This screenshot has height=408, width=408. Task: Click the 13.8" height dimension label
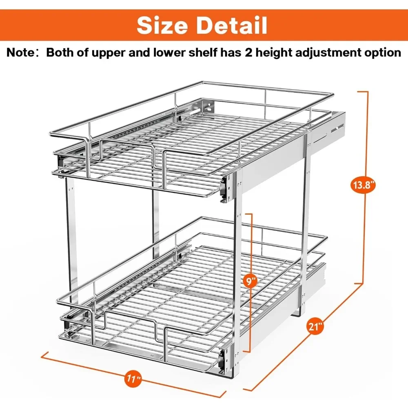pos(364,185)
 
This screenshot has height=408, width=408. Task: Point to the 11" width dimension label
pos(133,378)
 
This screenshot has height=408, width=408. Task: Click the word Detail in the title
pos(232,25)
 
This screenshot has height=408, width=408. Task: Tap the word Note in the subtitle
pos(20,53)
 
